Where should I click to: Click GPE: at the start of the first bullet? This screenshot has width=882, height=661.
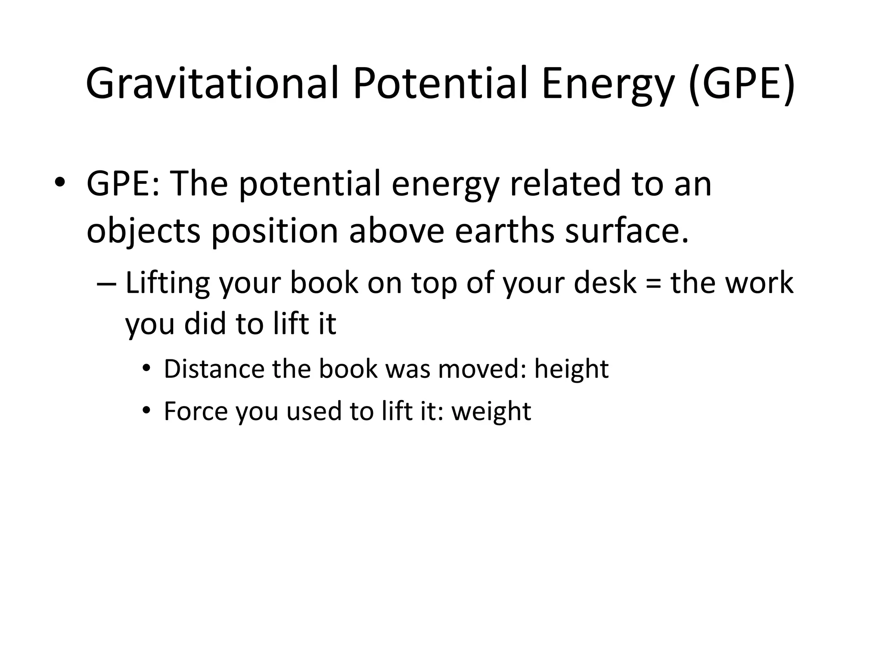(123, 184)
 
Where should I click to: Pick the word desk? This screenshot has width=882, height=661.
(605, 283)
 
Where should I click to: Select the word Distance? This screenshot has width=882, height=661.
(214, 369)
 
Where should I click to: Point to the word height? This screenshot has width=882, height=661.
(571, 370)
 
